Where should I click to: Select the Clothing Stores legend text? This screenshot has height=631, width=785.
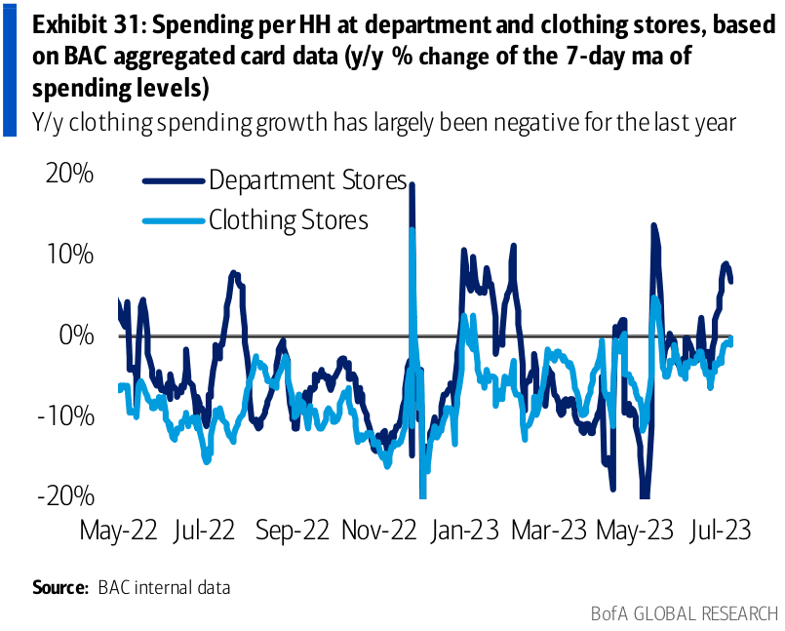click(x=289, y=220)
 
